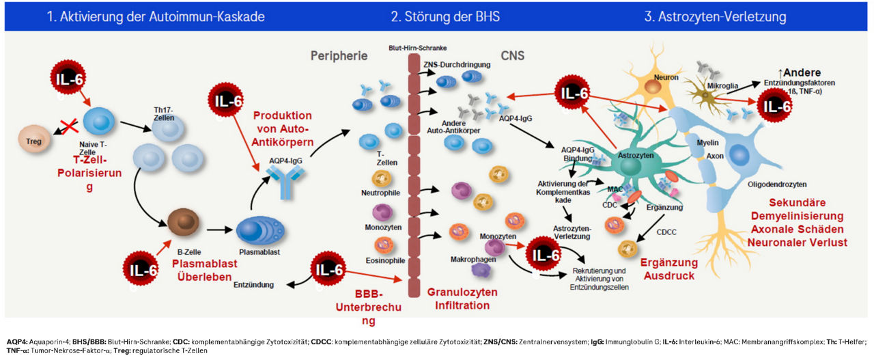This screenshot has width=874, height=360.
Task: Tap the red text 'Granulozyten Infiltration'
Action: point(462,297)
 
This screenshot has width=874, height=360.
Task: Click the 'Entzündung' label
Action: point(254,283)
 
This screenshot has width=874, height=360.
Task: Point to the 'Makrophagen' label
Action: point(472,260)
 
